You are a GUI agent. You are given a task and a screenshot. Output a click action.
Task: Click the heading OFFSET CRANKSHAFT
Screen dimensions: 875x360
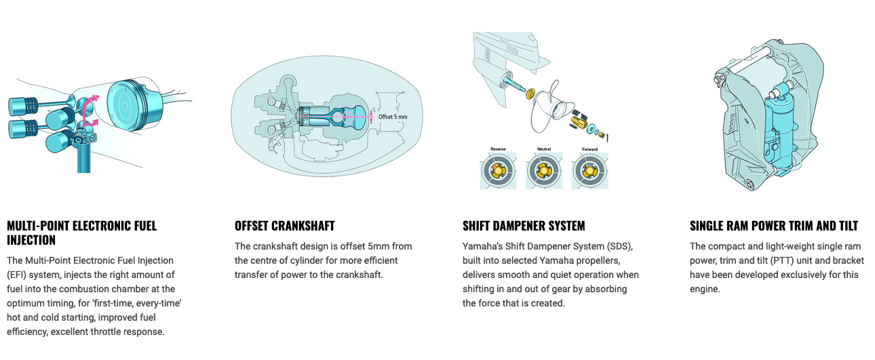(284, 226)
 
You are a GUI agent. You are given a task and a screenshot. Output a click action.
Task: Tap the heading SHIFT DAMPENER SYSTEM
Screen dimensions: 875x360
(524, 226)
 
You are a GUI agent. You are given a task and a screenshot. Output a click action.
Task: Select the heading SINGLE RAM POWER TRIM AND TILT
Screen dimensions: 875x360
(774, 226)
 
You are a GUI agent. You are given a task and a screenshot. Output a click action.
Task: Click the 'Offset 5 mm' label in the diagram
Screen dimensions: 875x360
(393, 117)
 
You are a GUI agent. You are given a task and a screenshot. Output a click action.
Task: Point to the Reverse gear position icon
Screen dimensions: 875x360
(498, 171)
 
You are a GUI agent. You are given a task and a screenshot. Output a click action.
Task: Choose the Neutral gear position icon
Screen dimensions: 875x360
(544, 171)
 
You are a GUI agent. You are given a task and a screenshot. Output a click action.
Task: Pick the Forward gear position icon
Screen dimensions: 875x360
(590, 171)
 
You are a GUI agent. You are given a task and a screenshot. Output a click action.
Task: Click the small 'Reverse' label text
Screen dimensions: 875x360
(498, 149)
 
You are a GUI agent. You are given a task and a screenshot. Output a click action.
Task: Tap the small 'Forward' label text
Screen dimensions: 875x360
(590, 149)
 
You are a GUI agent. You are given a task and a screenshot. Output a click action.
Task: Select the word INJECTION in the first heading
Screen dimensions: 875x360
(31, 240)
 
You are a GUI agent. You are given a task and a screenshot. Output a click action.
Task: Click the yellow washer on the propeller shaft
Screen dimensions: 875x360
(530, 94)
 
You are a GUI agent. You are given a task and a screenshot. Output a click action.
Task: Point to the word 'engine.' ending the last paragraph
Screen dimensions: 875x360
(705, 289)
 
